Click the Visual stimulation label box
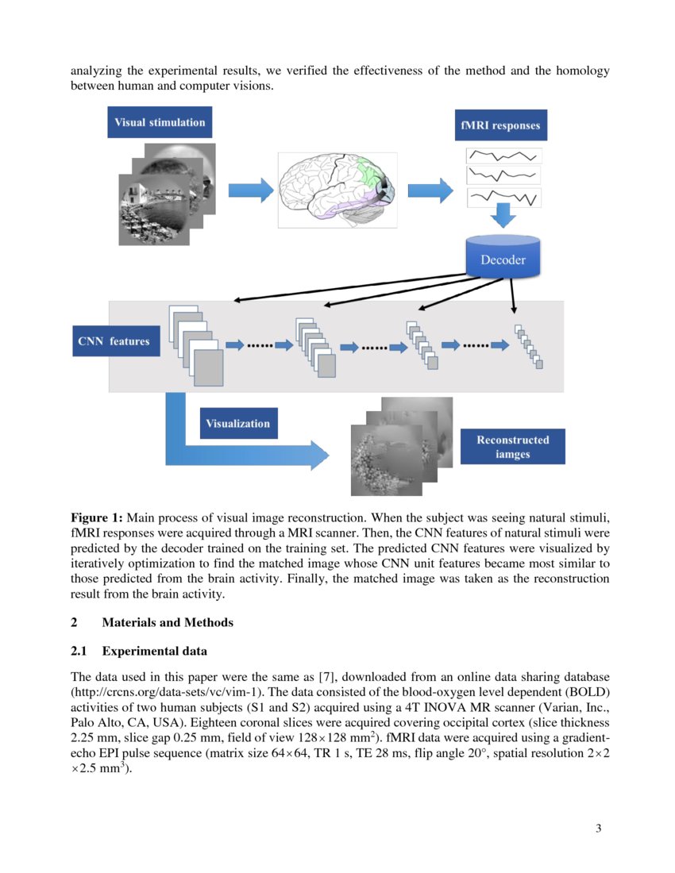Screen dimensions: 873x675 [160, 122]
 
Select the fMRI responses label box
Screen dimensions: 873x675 [499, 125]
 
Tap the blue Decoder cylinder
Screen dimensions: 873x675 [503, 258]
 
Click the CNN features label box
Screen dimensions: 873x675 [114, 341]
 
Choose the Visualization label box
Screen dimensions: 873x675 [237, 423]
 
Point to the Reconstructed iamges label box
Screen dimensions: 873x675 [512, 447]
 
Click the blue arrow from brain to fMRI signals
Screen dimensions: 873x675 [429, 190]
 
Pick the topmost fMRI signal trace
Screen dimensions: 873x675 [503, 155]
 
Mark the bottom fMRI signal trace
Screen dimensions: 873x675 [503, 196]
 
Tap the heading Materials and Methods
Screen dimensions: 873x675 [168, 622]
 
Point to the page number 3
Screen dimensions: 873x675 [598, 829]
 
